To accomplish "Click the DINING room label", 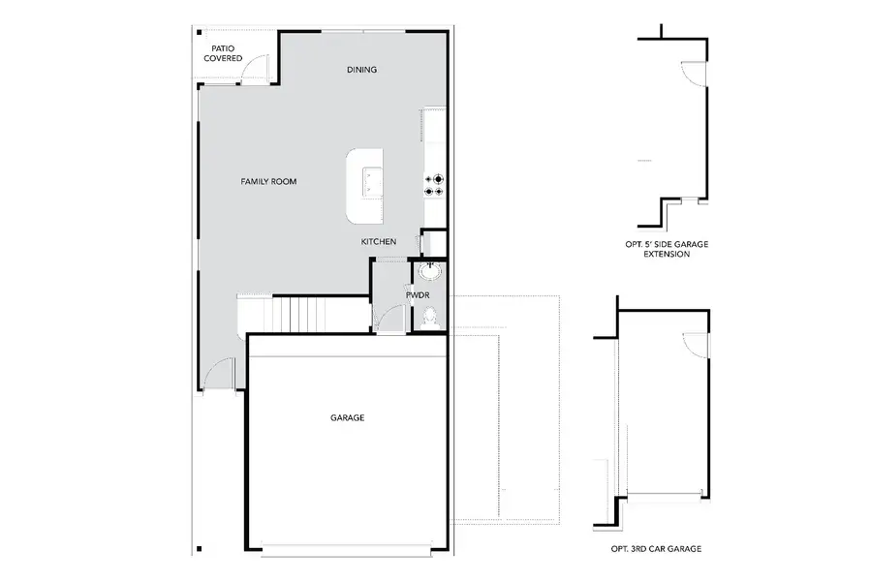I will (x=361, y=70).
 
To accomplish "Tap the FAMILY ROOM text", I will (x=268, y=182).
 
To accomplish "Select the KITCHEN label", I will (x=379, y=241).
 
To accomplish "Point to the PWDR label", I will (x=417, y=294).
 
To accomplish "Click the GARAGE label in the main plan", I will (x=347, y=418).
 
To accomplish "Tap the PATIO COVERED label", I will (x=222, y=53).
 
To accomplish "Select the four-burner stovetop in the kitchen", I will (x=433, y=184).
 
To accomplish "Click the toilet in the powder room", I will (x=428, y=316).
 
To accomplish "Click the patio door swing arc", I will (x=254, y=70).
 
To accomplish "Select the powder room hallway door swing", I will (x=391, y=319).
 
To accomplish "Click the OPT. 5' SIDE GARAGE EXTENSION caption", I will (x=667, y=249).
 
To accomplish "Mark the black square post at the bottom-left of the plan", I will (x=198, y=549).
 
